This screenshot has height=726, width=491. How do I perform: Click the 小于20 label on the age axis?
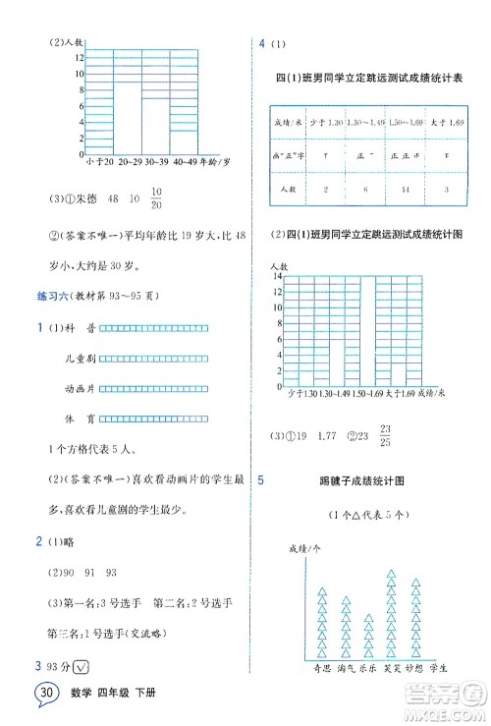101,160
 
